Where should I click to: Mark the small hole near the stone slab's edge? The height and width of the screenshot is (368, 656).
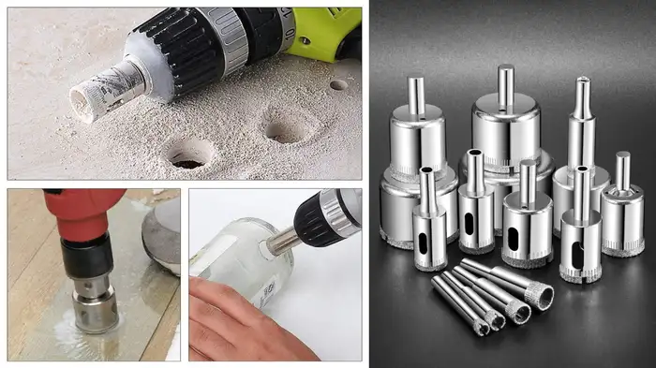pyautogui.click(x=338, y=84)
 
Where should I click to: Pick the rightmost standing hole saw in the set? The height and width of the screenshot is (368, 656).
pyautogui.click(x=622, y=215)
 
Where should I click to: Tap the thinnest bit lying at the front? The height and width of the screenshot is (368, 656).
pyautogui.click(x=459, y=304)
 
